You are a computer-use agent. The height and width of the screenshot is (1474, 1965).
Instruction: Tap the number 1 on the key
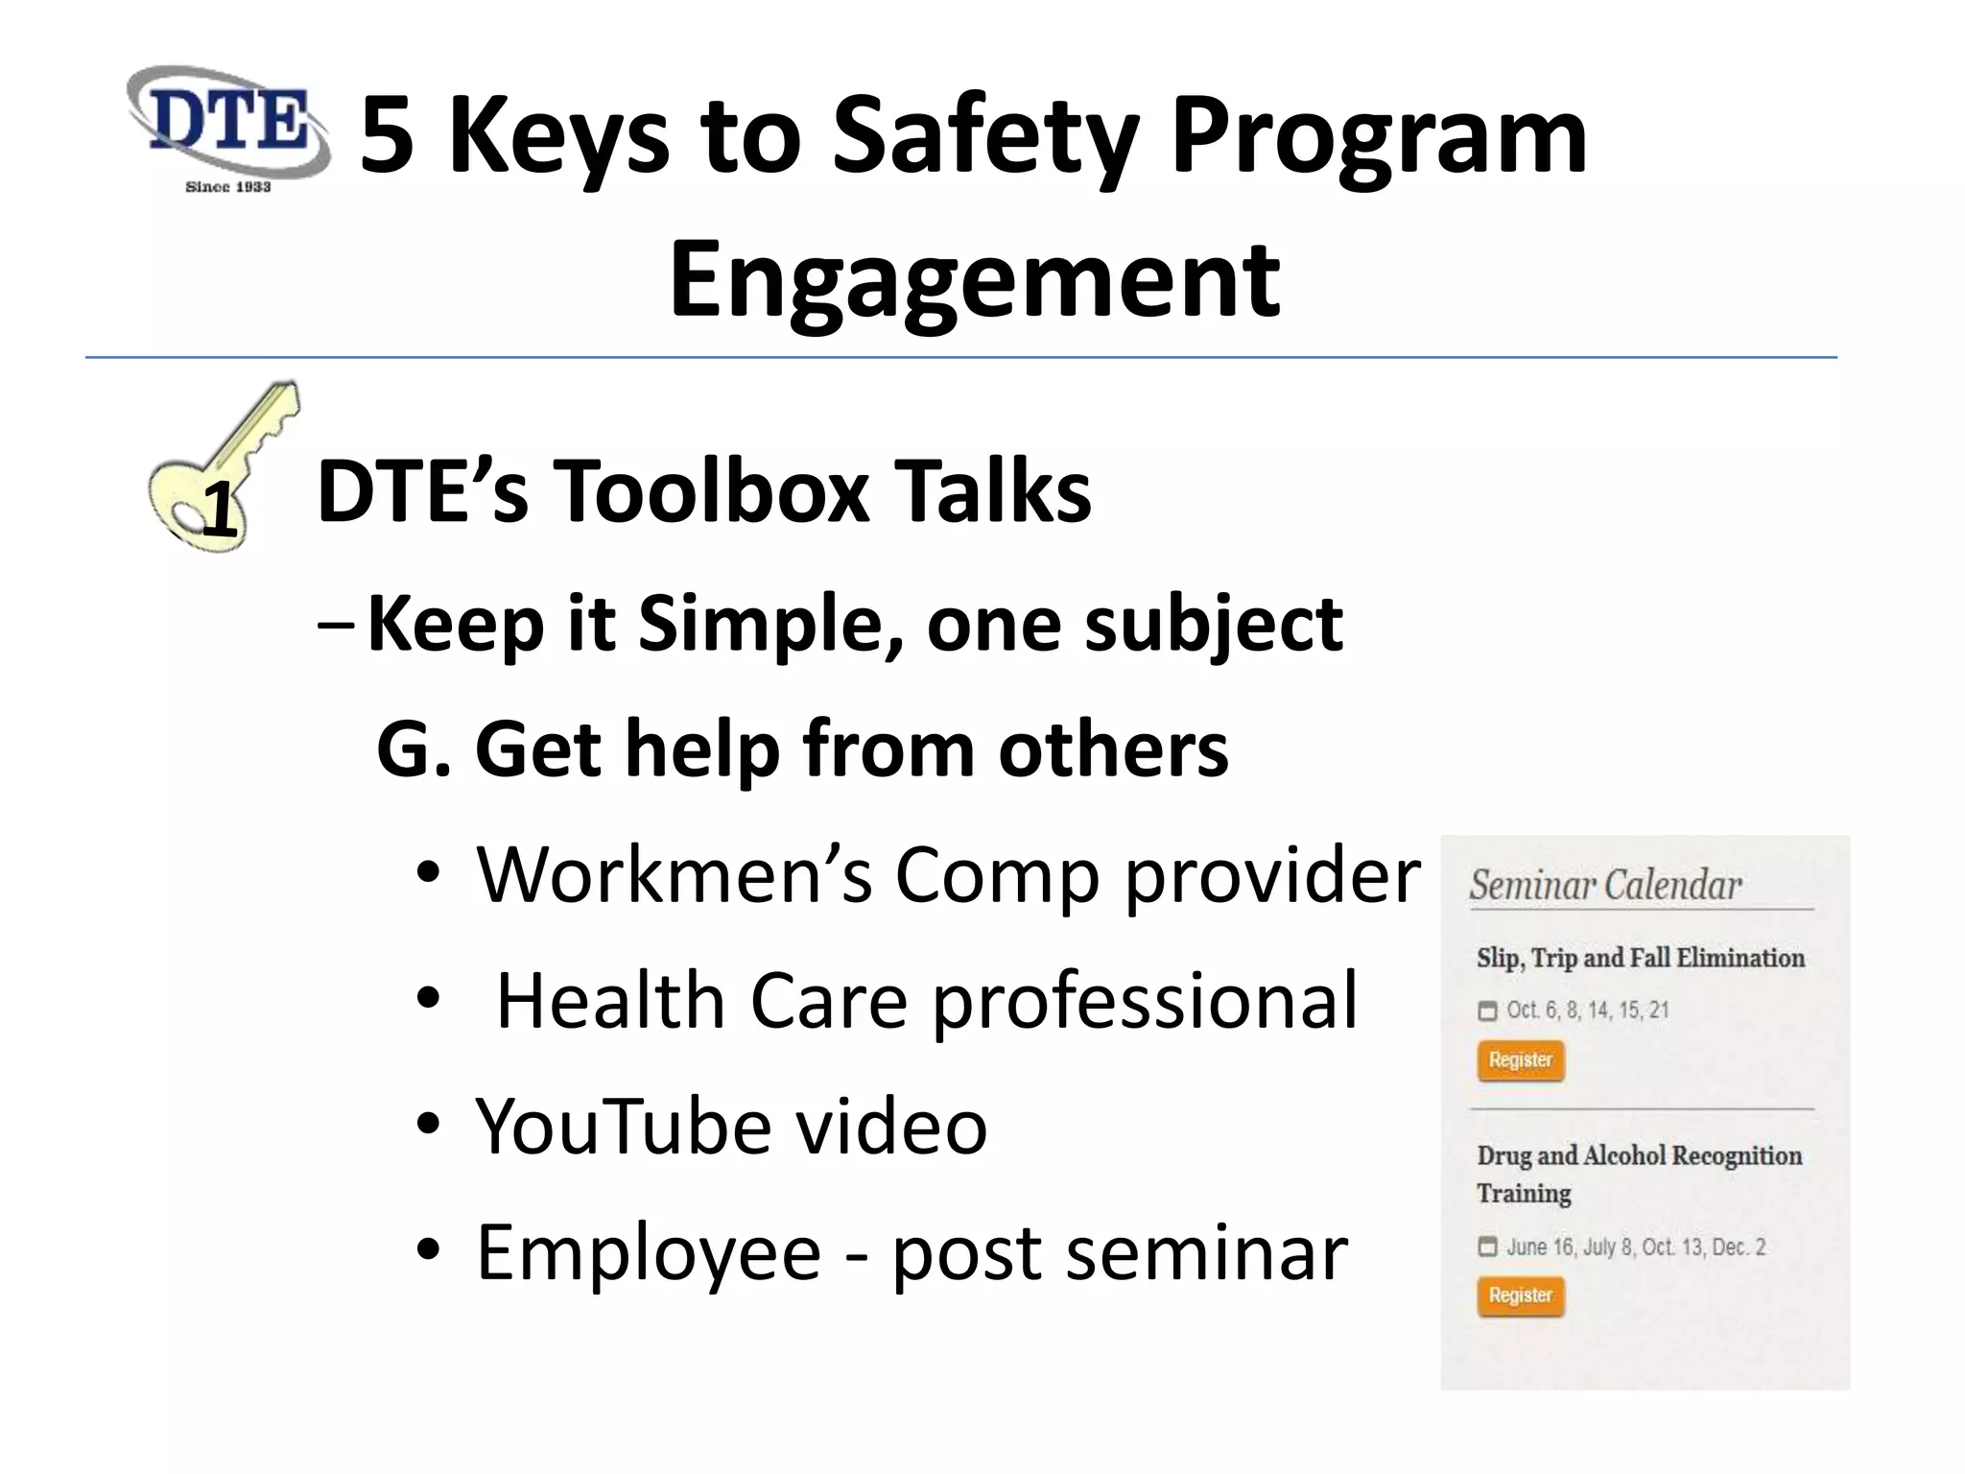[219, 511]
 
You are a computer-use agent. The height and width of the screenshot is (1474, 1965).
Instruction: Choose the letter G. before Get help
[413, 749]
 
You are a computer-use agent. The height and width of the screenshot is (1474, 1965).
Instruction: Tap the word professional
[1145, 1001]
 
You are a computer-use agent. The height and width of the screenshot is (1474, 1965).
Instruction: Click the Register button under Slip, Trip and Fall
[1521, 1060]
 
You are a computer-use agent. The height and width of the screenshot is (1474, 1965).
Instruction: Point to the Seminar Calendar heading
[1605, 885]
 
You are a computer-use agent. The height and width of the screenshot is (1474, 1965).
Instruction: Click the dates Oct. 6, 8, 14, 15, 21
[1587, 1010]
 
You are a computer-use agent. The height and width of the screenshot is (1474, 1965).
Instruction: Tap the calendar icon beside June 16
[1488, 1247]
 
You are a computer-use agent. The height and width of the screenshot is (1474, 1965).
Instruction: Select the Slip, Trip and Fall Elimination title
[1641, 958]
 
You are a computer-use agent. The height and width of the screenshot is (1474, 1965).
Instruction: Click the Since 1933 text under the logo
[227, 187]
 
